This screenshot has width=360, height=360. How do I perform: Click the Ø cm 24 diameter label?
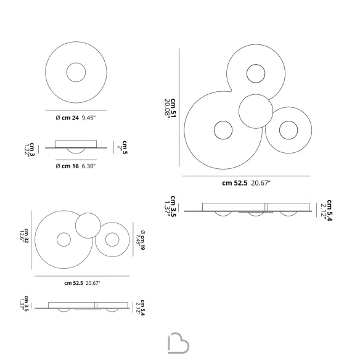pos(67,118)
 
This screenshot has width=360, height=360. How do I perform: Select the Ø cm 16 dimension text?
pos(67,166)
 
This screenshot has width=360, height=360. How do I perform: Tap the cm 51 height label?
pos(173,108)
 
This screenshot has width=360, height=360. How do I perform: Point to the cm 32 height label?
pos(27,236)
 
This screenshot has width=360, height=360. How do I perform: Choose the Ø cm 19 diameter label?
pos(143,240)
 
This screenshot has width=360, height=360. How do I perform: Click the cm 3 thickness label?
pos(32,149)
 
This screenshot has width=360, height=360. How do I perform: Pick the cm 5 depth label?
pos(125,147)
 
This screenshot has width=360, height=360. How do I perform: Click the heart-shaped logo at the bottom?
pos(178,343)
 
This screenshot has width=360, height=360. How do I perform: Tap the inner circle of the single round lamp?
pos(76,63)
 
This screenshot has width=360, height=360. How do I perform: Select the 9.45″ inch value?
pos(89,118)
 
